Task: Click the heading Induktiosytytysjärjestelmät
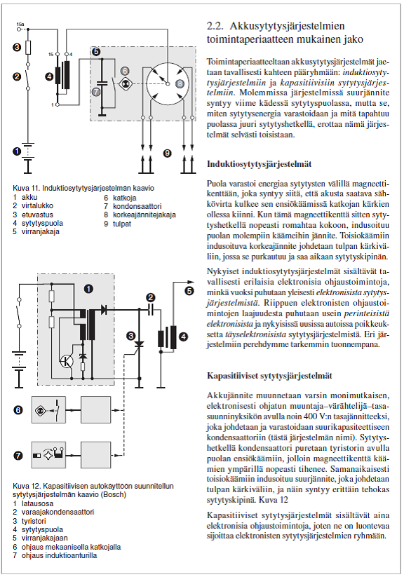259,164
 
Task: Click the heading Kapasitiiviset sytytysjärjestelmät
269,376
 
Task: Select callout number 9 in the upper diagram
167,153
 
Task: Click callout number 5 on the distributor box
96,51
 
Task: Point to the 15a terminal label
20,25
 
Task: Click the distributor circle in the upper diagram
168,84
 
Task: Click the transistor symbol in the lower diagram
67,361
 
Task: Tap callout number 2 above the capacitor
150,297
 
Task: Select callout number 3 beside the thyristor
130,336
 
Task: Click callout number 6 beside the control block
18,410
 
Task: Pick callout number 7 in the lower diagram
18,456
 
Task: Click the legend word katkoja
124,198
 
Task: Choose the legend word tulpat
122,224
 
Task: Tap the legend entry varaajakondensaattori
58,512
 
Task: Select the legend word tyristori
34,521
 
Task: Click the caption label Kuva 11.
26,188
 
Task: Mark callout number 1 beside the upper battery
17,151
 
